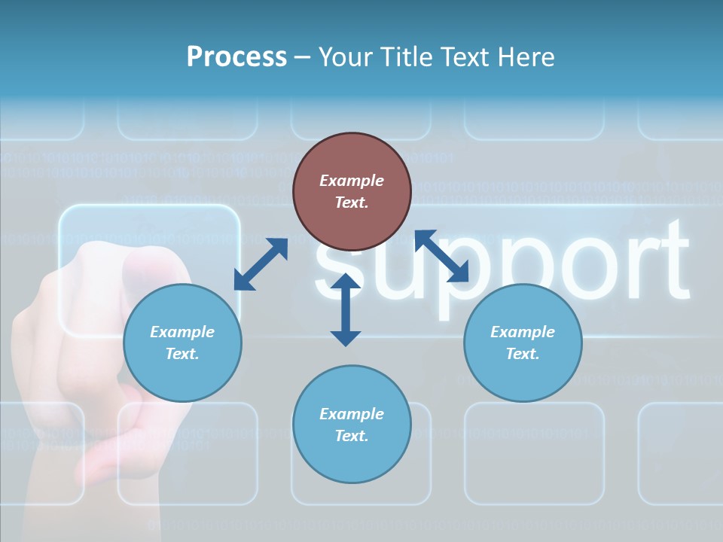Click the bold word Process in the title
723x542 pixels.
(x=236, y=56)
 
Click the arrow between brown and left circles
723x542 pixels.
(x=261, y=264)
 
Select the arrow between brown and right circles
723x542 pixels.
(x=441, y=256)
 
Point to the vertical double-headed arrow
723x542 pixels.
(x=346, y=310)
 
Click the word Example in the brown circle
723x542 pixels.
(x=352, y=181)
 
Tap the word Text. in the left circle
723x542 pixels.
(x=182, y=354)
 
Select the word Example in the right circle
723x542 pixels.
(x=523, y=332)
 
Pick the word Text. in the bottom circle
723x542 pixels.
(x=352, y=436)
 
